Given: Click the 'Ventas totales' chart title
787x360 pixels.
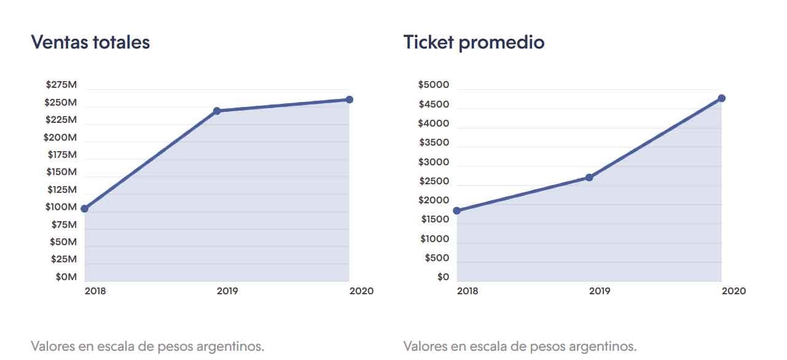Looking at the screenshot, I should click(90, 42).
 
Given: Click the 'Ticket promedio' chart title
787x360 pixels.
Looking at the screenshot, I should click(474, 42).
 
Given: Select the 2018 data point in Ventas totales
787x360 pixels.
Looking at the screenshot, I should click(85, 209).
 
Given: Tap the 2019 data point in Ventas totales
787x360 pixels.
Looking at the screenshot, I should click(217, 111).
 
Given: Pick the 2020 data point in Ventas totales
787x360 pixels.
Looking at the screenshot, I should click(349, 100).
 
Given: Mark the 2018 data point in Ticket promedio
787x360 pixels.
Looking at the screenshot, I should click(456, 211).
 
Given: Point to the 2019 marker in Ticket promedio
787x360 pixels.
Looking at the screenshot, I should click(589, 178).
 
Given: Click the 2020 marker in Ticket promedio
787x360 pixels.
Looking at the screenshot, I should click(721, 98).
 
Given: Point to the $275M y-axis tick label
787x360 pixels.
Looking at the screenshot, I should click(61, 85).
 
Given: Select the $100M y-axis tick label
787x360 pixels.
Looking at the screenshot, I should click(61, 207).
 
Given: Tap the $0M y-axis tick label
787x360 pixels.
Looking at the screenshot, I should click(66, 277).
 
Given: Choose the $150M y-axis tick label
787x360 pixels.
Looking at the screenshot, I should click(61, 172).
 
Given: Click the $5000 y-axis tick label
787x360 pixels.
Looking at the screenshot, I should click(433, 85).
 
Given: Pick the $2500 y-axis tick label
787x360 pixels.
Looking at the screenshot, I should click(434, 181).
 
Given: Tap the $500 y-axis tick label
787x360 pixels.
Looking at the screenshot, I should click(437, 258).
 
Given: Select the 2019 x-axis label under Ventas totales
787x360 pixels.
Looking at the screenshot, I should click(227, 291).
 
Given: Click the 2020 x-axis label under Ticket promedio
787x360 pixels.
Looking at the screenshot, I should click(734, 291).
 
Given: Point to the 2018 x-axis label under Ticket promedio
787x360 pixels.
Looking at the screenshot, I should click(468, 291).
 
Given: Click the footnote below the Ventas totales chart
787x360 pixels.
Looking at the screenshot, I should click(147, 346).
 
